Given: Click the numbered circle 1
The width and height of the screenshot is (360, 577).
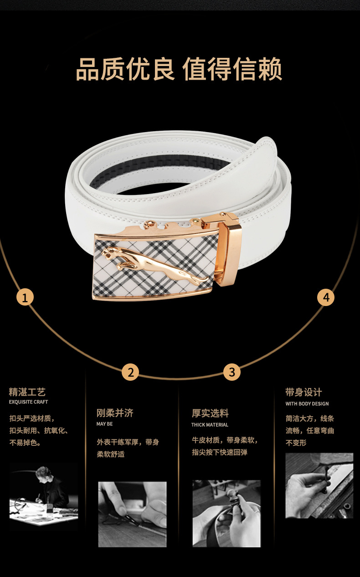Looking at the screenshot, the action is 25,297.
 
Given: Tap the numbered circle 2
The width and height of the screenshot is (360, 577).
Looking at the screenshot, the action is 130,372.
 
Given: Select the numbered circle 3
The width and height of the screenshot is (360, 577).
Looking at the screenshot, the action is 231,372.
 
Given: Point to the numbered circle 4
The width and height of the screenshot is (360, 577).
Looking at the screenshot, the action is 326,297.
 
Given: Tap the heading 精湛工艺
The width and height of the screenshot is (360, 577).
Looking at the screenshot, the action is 27,392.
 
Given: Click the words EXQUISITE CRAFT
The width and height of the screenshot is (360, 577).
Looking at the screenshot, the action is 28,402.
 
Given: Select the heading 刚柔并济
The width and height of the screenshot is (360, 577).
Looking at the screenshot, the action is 115,413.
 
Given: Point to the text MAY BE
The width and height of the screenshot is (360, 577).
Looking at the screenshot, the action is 104,424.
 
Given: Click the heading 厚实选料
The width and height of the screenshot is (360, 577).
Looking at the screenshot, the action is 210,413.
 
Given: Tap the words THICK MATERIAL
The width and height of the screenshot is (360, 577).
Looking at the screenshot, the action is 210,425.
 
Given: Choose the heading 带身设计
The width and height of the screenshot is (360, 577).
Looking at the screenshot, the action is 303,392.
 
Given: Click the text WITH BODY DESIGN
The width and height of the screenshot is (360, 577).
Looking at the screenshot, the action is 307,403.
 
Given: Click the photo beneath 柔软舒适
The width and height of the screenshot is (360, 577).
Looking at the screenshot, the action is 132,515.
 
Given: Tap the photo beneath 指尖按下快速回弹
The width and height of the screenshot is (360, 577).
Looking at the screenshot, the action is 226,513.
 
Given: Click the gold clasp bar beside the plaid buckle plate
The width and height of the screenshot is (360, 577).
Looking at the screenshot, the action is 229,251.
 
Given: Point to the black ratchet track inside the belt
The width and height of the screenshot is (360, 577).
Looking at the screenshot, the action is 160,168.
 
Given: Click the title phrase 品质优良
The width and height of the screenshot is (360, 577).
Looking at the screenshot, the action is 125,69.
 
